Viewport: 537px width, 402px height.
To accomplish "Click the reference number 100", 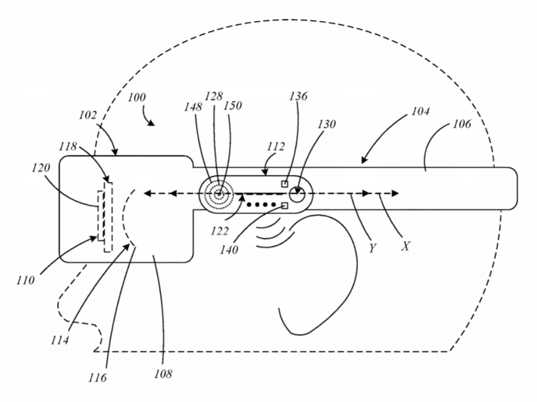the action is [x=137, y=98].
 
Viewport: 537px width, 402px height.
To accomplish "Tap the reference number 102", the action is [x=88, y=115].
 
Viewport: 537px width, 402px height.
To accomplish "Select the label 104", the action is [x=420, y=111].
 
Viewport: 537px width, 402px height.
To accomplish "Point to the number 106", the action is [x=462, y=124].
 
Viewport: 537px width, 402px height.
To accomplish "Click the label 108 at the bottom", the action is [x=163, y=374].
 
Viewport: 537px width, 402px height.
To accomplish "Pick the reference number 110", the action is [x=26, y=280].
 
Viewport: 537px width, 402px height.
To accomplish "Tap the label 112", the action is [x=276, y=147].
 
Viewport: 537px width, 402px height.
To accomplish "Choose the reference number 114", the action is [x=60, y=340].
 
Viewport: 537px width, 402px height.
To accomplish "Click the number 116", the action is [x=98, y=378].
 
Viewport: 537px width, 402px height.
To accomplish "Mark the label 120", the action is [x=41, y=168].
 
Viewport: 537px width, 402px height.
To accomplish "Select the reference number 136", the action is [x=298, y=96].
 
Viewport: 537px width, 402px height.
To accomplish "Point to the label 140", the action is [x=229, y=250].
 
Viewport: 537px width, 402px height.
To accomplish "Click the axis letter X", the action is [x=406, y=246].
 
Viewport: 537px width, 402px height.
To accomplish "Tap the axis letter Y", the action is [x=372, y=248].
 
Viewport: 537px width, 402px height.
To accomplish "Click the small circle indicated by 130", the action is [x=297, y=195].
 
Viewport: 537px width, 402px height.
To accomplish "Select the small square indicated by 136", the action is [x=285, y=184].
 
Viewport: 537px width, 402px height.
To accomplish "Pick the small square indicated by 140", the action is [x=285, y=205].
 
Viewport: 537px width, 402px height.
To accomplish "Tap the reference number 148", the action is [x=193, y=107].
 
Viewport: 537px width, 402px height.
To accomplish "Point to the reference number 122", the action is [x=219, y=231].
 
